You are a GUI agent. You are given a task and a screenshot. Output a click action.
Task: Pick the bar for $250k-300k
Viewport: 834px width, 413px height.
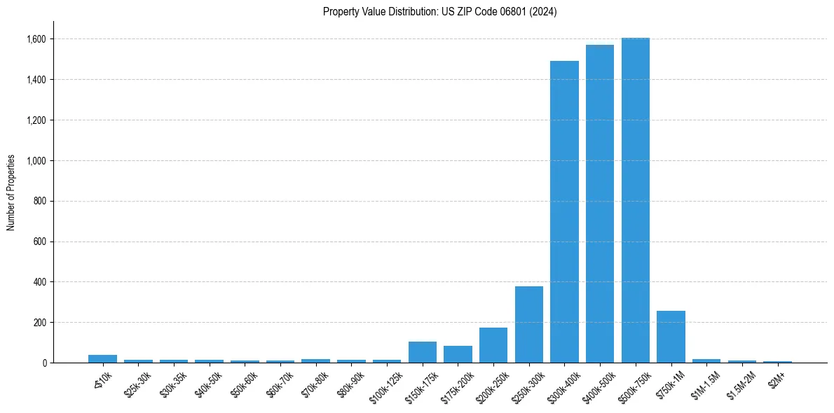pos(529,325)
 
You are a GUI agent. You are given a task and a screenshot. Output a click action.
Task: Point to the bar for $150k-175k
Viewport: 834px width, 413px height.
pos(423,352)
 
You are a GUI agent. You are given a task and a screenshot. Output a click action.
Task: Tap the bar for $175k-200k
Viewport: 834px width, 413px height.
pos(458,354)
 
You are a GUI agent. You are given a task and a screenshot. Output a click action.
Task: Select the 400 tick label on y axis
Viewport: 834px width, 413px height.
pos(40,282)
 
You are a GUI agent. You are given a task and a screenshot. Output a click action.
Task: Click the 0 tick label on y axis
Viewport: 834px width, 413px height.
pos(44,363)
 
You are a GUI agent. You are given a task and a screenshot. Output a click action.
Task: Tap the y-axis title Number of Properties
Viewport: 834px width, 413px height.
pos(11,192)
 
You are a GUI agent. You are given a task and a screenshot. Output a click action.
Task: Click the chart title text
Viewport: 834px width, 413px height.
pos(440,12)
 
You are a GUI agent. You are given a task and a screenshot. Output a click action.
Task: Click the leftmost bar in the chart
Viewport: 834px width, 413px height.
pos(103,358)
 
